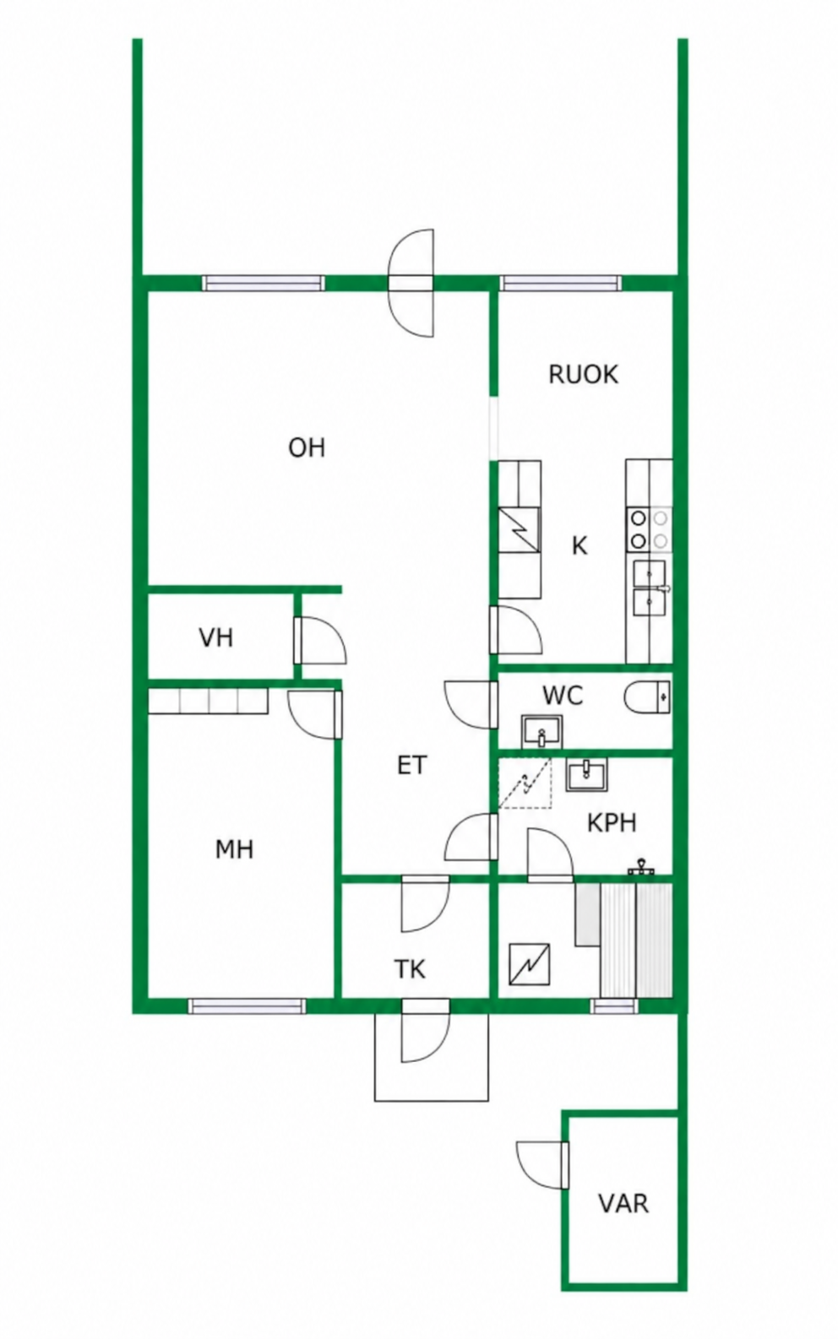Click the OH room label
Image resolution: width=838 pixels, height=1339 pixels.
click(x=307, y=447)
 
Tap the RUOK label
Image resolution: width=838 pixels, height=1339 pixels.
click(x=583, y=375)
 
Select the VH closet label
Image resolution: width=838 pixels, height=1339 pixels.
click(x=216, y=637)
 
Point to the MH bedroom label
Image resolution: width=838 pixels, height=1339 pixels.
click(x=235, y=849)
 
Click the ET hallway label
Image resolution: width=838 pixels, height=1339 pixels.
click(x=412, y=765)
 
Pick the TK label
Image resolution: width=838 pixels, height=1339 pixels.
click(x=411, y=969)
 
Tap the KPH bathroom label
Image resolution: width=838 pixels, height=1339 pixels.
click(x=612, y=823)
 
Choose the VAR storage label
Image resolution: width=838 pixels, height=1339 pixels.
click(x=624, y=1203)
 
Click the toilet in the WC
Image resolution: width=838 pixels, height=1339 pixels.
click(x=648, y=697)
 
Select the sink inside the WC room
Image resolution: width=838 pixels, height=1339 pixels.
click(x=541, y=732)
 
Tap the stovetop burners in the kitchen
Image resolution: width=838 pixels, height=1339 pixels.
click(x=649, y=529)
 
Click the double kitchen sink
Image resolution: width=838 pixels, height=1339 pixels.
click(x=650, y=588)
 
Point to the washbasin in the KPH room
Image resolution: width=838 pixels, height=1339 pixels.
click(x=587, y=775)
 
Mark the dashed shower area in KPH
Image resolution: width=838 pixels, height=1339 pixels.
click(x=525, y=783)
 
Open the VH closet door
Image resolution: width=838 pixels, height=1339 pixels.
click(x=320, y=640)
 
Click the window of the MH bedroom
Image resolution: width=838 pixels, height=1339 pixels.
click(x=247, y=1006)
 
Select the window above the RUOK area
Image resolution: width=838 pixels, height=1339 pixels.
click(x=560, y=284)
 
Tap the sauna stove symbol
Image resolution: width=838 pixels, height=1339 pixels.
click(x=530, y=964)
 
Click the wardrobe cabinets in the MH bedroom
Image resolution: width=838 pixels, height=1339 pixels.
click(x=208, y=701)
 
